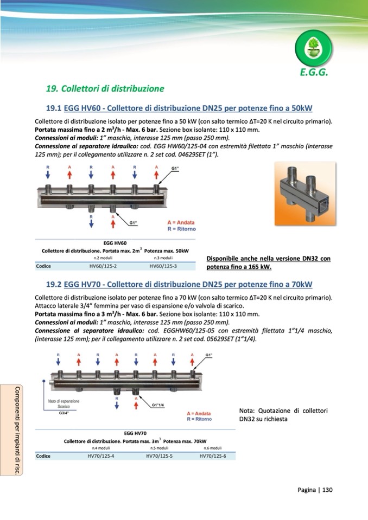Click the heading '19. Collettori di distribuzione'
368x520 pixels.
tap(105, 88)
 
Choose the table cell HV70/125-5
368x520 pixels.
tap(159, 456)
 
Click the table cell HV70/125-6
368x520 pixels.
tap(213, 456)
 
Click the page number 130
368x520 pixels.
tap(327, 490)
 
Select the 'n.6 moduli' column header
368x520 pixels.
tap(213, 448)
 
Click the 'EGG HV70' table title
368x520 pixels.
tap(135, 433)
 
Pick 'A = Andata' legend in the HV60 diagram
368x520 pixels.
tap(180, 222)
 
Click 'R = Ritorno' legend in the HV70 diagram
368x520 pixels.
tap(199, 419)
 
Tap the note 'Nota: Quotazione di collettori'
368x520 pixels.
tap(283, 410)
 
